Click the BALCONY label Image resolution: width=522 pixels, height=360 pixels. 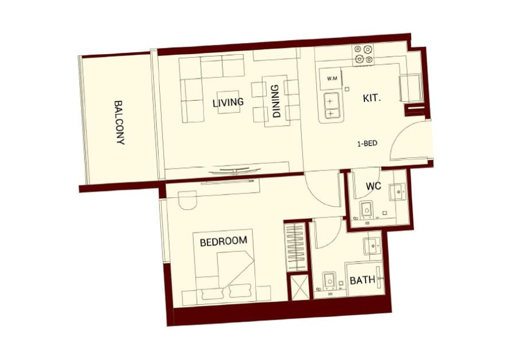[x=119, y=123]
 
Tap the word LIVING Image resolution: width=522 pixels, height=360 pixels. [x=228, y=102]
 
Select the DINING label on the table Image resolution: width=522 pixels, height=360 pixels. [x=276, y=101]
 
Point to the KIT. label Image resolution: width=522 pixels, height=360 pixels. [x=372, y=98]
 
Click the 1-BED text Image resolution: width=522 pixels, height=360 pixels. [x=367, y=144]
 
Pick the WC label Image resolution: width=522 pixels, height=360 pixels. [x=374, y=186]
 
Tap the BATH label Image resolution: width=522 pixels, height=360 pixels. [x=363, y=280]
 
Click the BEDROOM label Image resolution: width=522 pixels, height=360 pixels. [x=223, y=241]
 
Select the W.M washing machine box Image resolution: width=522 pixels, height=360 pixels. [x=331, y=79]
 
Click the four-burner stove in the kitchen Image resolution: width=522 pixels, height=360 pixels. [x=363, y=55]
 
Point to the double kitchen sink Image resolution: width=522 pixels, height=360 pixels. [x=330, y=107]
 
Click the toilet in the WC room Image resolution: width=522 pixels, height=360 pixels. [x=367, y=209]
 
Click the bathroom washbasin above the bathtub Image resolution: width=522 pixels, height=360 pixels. [x=374, y=247]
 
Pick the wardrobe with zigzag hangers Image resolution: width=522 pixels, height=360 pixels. [x=296, y=247]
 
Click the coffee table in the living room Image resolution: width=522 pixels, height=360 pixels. [x=228, y=102]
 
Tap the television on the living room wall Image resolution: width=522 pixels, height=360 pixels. [x=235, y=170]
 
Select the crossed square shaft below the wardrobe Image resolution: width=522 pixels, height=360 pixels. [x=298, y=287]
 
